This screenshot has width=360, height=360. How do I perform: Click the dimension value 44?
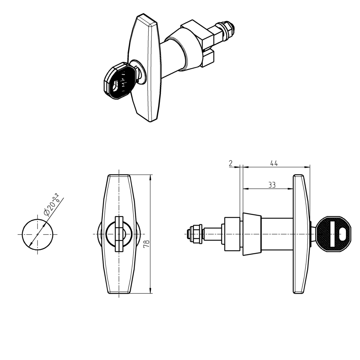point(274,163)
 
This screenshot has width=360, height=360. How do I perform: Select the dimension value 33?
point(272,185)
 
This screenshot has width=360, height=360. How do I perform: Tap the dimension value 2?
point(230,163)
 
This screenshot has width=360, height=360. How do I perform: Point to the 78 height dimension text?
point(146,244)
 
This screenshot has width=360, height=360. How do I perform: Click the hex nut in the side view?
point(196,233)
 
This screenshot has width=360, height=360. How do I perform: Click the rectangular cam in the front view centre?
point(119,234)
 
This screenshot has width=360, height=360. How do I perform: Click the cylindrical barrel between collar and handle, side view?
point(277,234)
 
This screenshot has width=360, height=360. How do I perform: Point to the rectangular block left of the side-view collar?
point(232,234)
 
